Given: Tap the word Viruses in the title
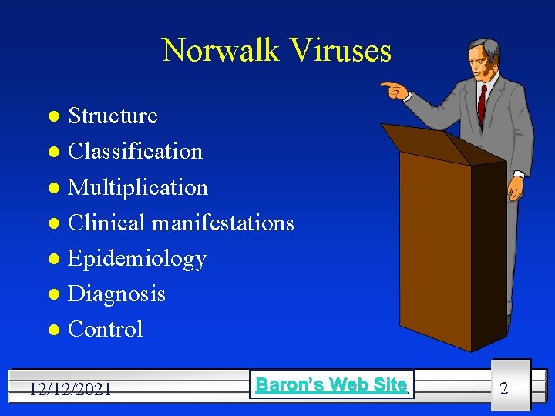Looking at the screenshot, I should (x=343, y=51).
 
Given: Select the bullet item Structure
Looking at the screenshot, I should (x=113, y=116).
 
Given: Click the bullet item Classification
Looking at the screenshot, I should (x=135, y=151).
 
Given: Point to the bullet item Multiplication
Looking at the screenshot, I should (x=138, y=187).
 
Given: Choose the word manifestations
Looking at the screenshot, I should (x=223, y=223).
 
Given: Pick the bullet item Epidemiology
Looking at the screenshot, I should (x=137, y=259).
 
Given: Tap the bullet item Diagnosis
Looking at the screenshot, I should (x=116, y=294).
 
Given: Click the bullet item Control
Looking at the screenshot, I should (x=106, y=329).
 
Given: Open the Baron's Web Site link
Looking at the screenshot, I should (x=331, y=384).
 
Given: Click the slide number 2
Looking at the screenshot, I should (x=504, y=388).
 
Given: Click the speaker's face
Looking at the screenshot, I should (x=479, y=61).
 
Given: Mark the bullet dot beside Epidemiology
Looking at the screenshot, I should (x=52, y=260).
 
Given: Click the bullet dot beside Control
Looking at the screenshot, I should (x=52, y=330).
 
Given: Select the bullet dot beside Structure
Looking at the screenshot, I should (x=52, y=117).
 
